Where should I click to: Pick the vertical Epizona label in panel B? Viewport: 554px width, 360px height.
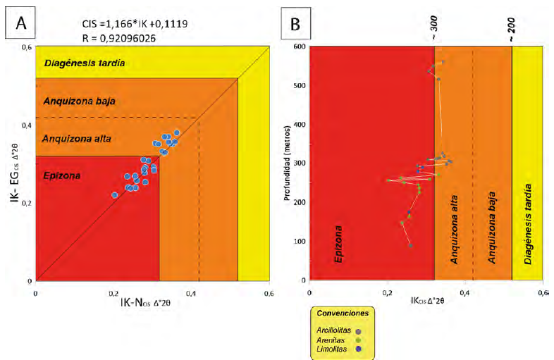tap(338, 244)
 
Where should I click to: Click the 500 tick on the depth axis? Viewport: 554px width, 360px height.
tap(299, 86)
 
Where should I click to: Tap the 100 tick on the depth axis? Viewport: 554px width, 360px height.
tap(299, 242)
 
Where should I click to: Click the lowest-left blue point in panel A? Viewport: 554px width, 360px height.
tap(114, 194)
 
